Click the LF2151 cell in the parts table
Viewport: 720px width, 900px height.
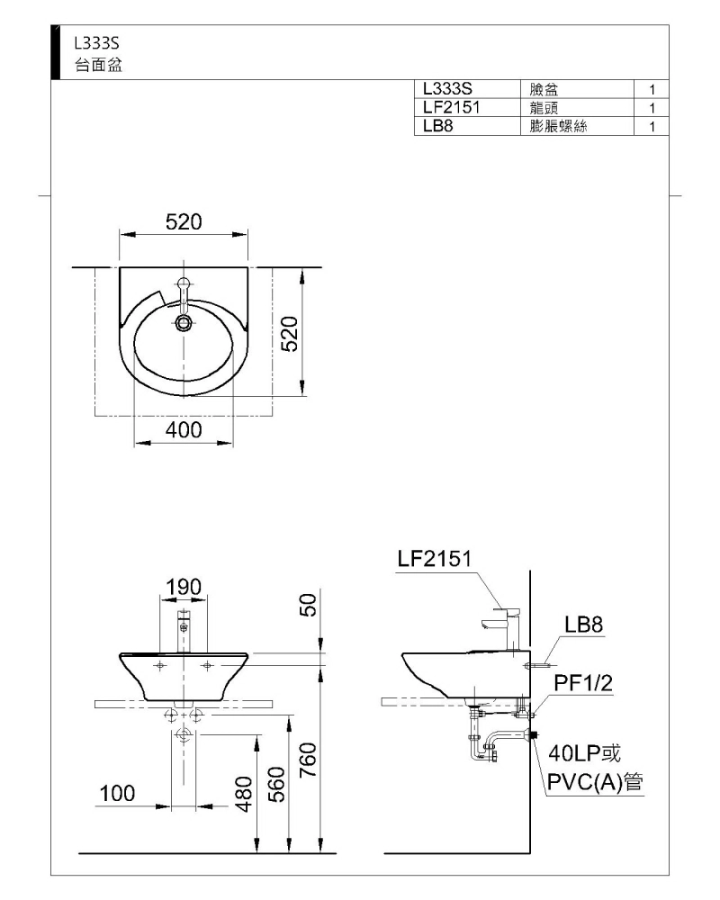451,107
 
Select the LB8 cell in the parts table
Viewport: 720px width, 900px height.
438,126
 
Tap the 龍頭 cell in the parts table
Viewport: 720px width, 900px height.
544,107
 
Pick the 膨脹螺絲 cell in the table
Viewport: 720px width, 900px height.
558,126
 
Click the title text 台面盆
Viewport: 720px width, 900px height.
99,65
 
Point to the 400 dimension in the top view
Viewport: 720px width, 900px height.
184,430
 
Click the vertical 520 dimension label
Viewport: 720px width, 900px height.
291,334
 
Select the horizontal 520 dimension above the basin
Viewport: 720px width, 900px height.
184,222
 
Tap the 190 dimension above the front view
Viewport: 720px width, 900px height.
184,587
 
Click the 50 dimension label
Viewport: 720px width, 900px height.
309,605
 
